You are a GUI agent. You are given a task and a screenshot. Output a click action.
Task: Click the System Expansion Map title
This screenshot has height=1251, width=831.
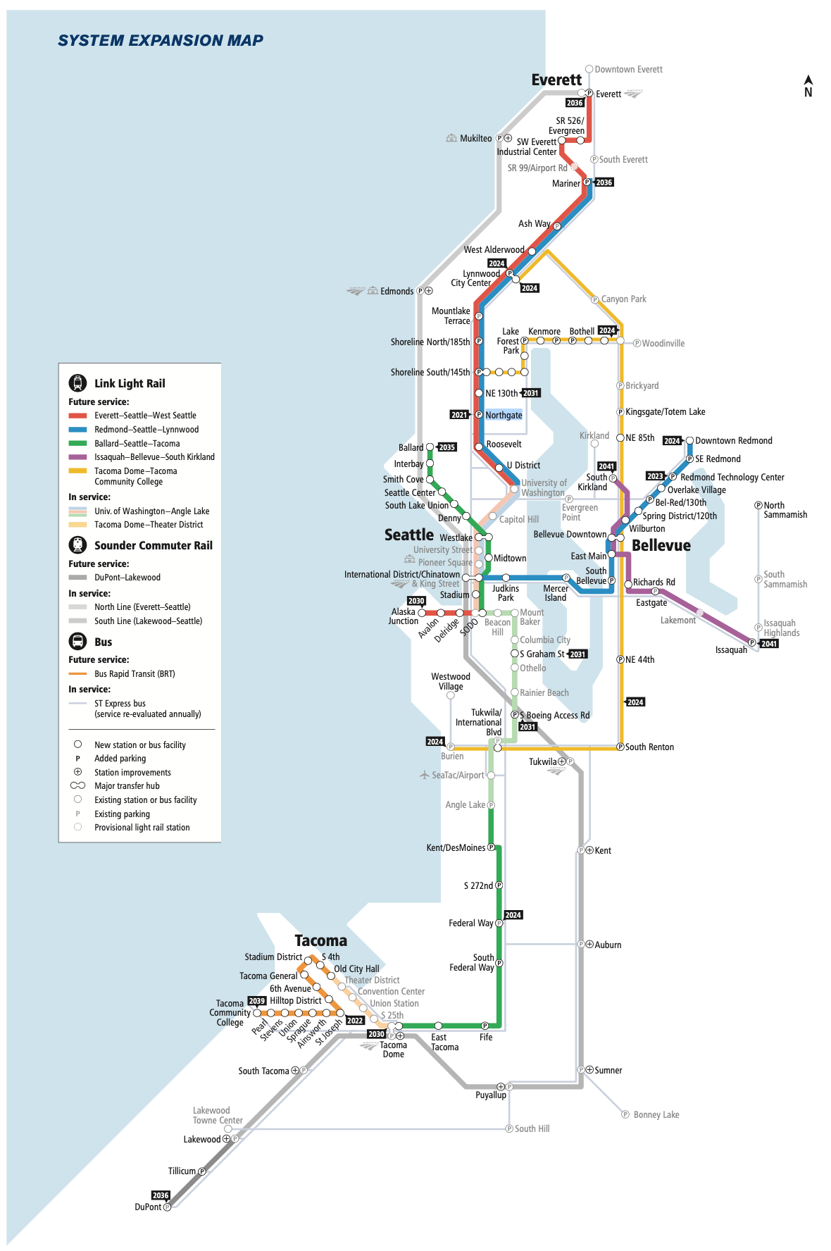coord(161,41)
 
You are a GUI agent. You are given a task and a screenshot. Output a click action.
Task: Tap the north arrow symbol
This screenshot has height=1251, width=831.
coord(808,86)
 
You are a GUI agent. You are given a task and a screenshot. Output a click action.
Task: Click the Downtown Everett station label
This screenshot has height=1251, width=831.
coord(628,70)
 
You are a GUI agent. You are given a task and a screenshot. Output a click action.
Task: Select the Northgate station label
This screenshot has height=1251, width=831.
coord(504,416)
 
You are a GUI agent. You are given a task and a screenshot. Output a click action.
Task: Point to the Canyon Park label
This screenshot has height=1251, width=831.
coord(623,299)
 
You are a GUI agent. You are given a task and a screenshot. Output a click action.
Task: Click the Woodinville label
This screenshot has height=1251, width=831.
coord(663,344)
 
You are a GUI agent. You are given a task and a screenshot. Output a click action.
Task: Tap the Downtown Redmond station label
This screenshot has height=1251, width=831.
coord(733,441)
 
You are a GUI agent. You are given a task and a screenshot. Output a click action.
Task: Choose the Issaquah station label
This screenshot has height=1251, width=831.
coord(731,650)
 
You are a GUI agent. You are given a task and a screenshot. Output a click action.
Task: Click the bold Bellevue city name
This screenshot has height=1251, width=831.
coord(661,546)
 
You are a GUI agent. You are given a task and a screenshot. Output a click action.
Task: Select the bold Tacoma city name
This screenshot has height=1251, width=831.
coord(320,941)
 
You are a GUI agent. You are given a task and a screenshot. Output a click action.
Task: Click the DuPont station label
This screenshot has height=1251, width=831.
coord(148,1207)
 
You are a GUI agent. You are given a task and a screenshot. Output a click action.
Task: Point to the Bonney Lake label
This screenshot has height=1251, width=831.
coord(656,1115)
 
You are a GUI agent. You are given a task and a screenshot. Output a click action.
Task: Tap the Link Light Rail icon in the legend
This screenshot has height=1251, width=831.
coord(77,383)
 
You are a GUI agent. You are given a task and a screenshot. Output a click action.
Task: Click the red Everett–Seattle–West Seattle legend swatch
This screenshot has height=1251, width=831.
coord(77,416)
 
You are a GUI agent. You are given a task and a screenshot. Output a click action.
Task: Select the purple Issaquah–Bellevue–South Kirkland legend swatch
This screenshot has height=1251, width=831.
coord(77,457)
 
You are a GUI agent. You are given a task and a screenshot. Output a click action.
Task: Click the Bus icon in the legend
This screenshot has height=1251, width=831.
coord(77,642)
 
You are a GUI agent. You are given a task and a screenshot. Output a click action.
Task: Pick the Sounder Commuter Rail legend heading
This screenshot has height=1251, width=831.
coord(153,546)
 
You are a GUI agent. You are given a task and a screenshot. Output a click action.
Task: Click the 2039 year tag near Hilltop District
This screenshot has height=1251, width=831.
coord(257,1001)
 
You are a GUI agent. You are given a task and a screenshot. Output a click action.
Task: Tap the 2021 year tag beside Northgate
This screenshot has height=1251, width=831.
coord(459,416)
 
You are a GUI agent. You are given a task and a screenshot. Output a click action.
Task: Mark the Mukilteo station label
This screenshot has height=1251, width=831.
coord(475,139)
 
